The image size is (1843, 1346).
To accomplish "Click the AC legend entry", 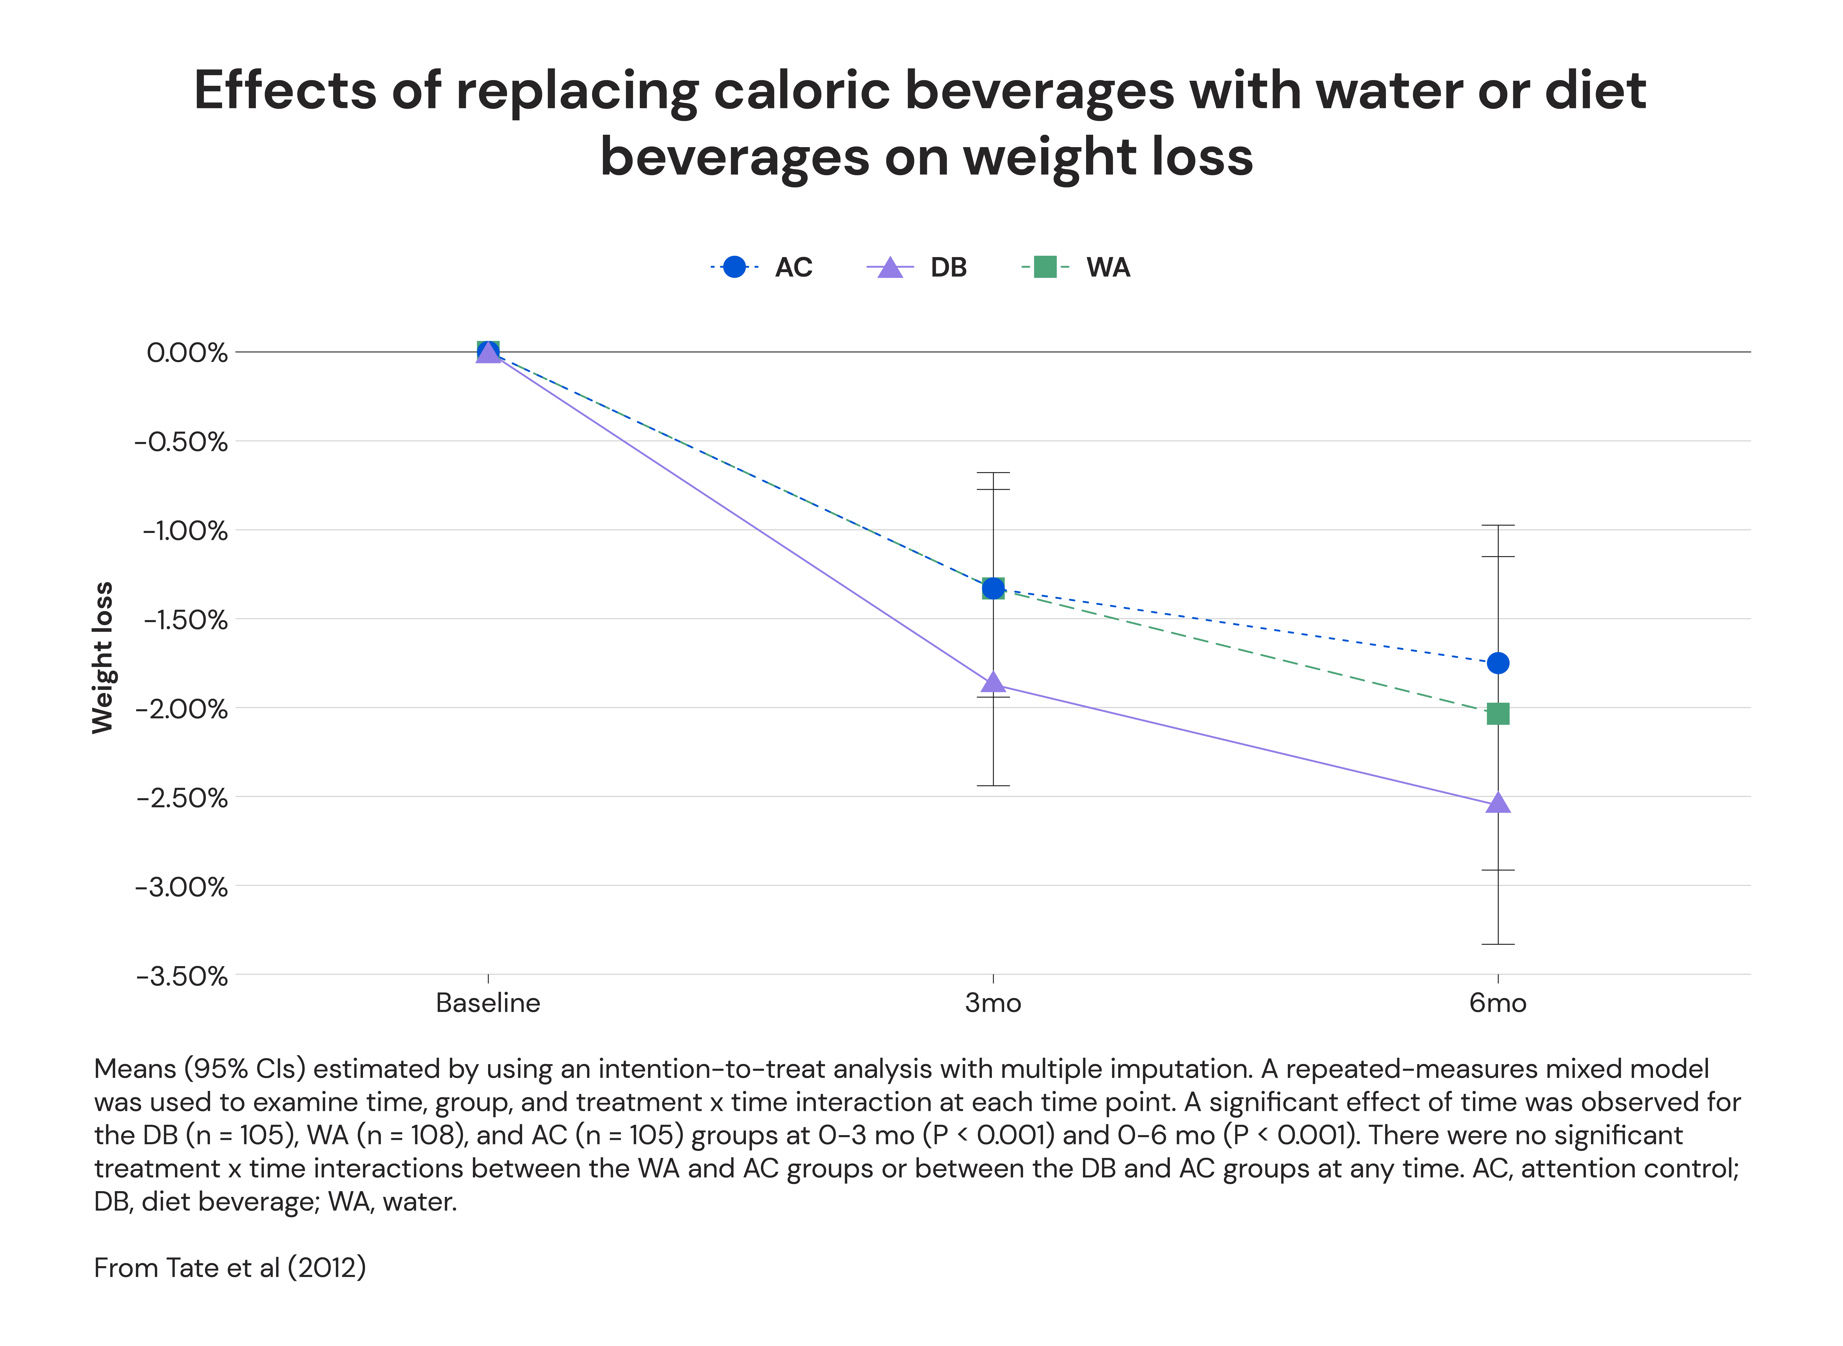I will click(761, 267).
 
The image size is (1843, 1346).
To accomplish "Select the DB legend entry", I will click(917, 267).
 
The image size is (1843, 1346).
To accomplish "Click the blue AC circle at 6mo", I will click(1498, 663).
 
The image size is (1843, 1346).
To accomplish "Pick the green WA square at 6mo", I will click(1498, 714).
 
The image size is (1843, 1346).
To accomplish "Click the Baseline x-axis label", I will click(488, 1003).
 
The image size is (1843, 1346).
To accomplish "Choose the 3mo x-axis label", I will click(993, 1003).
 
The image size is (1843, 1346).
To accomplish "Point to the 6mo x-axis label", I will click(1498, 1003).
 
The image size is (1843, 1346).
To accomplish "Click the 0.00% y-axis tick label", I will click(186, 353).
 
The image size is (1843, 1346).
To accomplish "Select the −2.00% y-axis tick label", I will click(181, 709).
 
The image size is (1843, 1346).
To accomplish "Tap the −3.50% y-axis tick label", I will click(181, 975).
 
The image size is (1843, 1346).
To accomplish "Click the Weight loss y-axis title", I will click(103, 658).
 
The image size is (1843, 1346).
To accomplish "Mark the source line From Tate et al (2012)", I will click(230, 1268).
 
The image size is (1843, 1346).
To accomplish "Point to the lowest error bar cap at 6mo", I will click(1498, 944).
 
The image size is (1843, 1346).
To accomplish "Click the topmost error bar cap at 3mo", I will click(993, 473).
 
